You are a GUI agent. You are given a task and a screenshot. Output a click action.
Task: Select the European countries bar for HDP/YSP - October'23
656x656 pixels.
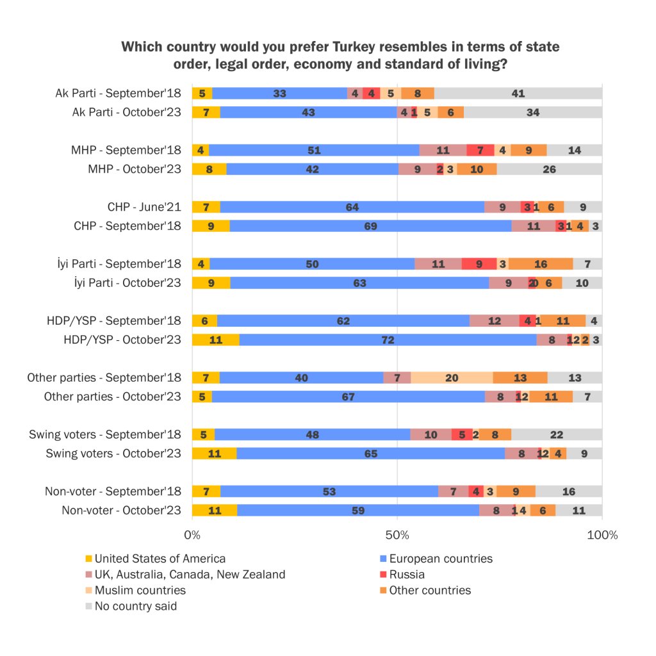388,340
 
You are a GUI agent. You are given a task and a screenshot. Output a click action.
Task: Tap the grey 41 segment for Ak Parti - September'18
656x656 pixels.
518,94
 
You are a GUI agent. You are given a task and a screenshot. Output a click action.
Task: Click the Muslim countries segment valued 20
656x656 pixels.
452,378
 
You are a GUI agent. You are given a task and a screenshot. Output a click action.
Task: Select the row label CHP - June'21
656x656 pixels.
144,207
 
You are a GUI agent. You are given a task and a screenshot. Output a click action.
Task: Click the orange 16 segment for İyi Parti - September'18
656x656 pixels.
541,264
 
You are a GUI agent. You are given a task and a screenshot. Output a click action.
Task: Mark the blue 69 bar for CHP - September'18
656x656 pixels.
370,226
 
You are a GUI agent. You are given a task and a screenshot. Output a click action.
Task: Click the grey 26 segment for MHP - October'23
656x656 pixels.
549,169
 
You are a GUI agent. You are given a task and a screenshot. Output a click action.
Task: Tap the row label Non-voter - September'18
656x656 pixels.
113,492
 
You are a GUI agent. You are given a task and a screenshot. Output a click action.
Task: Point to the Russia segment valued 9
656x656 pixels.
479,264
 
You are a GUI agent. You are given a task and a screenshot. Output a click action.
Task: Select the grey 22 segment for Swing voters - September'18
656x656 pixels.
557,435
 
